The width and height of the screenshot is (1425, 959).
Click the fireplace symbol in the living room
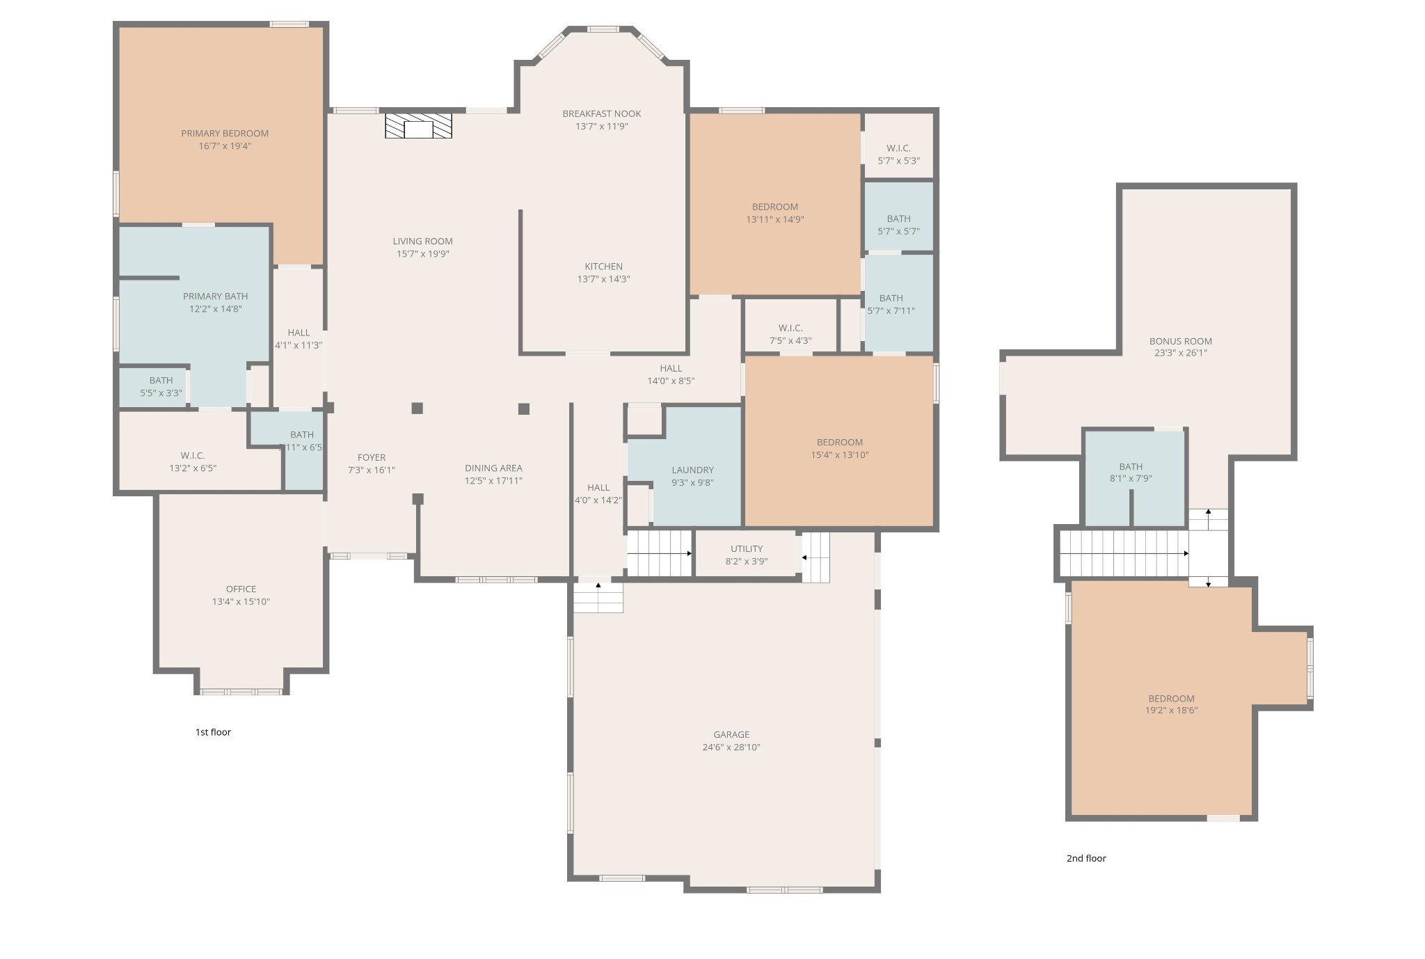coord(418,126)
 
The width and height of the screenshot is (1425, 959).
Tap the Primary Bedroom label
coord(225,134)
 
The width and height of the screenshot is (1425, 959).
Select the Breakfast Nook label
coord(602,114)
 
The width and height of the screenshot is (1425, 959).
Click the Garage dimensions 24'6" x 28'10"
coord(731,747)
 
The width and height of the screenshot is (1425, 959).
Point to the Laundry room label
coord(692,470)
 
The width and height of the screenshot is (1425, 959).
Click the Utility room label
coord(746,549)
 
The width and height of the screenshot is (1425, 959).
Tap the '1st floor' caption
coord(213,732)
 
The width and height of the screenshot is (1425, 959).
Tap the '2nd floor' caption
coord(1085,858)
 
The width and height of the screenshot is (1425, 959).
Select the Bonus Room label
coord(1180,341)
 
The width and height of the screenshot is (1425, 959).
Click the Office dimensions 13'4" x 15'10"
coord(241,602)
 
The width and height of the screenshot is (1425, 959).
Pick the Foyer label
coord(371,458)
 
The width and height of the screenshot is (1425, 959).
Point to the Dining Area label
coord(493,468)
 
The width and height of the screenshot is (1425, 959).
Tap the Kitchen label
coord(603,267)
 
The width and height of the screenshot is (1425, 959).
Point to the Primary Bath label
coord(215,296)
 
